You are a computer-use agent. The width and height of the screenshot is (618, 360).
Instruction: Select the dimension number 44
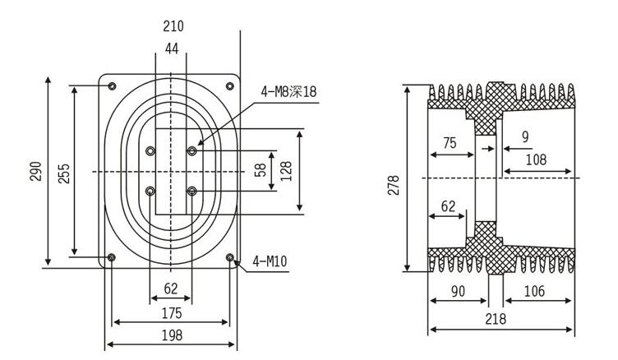click(x=172, y=49)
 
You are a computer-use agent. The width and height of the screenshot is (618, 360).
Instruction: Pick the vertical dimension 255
click(x=63, y=172)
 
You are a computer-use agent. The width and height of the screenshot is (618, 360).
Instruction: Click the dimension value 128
click(x=287, y=171)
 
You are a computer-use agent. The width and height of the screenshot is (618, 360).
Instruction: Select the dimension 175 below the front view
click(x=172, y=313)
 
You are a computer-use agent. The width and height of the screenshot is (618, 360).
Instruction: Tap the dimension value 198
click(x=172, y=335)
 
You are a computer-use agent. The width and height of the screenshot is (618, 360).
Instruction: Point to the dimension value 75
click(x=450, y=142)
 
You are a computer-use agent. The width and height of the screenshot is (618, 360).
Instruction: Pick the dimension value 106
click(x=534, y=290)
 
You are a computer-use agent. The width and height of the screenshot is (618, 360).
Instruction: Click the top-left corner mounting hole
click(x=113, y=86)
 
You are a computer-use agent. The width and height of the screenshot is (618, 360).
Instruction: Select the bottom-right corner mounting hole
click(x=230, y=257)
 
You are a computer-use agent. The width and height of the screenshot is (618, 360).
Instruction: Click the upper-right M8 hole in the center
click(x=191, y=150)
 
